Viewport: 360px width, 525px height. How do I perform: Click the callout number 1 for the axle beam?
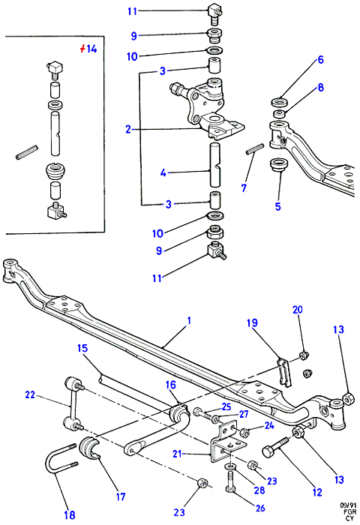(189, 321)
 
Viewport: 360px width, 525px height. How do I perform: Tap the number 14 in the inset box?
(91, 49)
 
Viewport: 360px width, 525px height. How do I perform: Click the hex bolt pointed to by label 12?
(275, 448)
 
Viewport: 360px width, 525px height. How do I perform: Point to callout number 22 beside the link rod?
(30, 394)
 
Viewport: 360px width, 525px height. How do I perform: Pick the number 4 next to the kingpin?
(163, 173)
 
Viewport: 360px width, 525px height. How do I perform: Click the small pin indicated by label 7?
(255, 149)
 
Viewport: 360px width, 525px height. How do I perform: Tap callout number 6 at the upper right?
(320, 59)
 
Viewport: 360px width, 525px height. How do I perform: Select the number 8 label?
(320, 88)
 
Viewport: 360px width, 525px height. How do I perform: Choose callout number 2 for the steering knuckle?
(128, 129)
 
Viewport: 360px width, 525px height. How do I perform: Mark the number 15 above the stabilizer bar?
(82, 348)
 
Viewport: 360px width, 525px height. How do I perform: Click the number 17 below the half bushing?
(121, 496)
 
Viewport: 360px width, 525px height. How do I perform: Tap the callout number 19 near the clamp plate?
(252, 322)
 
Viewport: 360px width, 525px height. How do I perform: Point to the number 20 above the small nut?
(298, 310)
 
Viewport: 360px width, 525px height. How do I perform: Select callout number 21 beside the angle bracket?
(177, 454)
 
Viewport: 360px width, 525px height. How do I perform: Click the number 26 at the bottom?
(260, 508)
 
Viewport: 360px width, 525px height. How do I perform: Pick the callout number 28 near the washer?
(259, 490)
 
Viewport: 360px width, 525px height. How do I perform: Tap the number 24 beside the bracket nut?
(269, 425)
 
